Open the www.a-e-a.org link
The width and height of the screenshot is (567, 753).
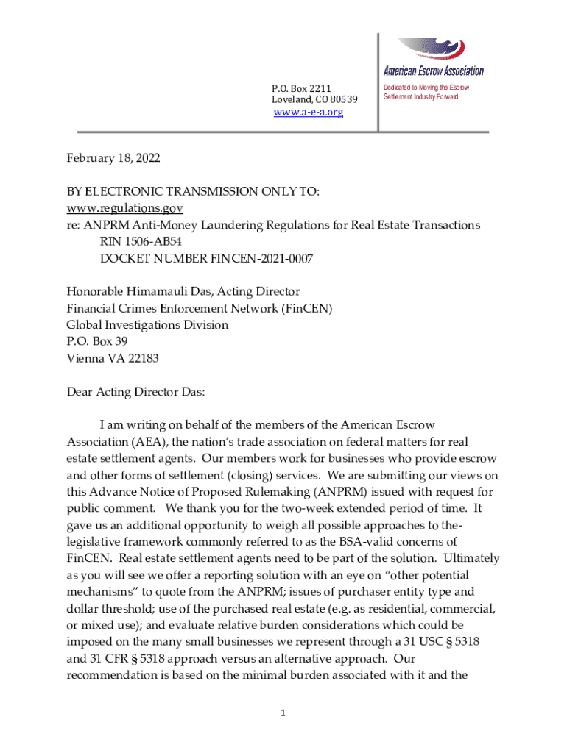coord(308,113)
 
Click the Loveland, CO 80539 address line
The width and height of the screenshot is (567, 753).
coord(314,100)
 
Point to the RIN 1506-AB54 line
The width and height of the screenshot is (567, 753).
coord(147,241)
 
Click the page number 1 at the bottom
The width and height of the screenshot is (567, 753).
coord(283,713)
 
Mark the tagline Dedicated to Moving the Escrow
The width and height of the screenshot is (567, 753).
coord(426,88)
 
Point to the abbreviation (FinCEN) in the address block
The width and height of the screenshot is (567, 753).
coord(306,309)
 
